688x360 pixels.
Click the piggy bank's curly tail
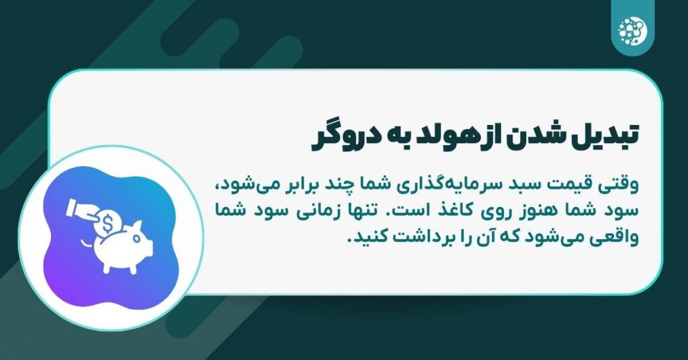[87, 242]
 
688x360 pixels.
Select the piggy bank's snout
[148, 249]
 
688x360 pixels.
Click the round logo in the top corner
[633, 30]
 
